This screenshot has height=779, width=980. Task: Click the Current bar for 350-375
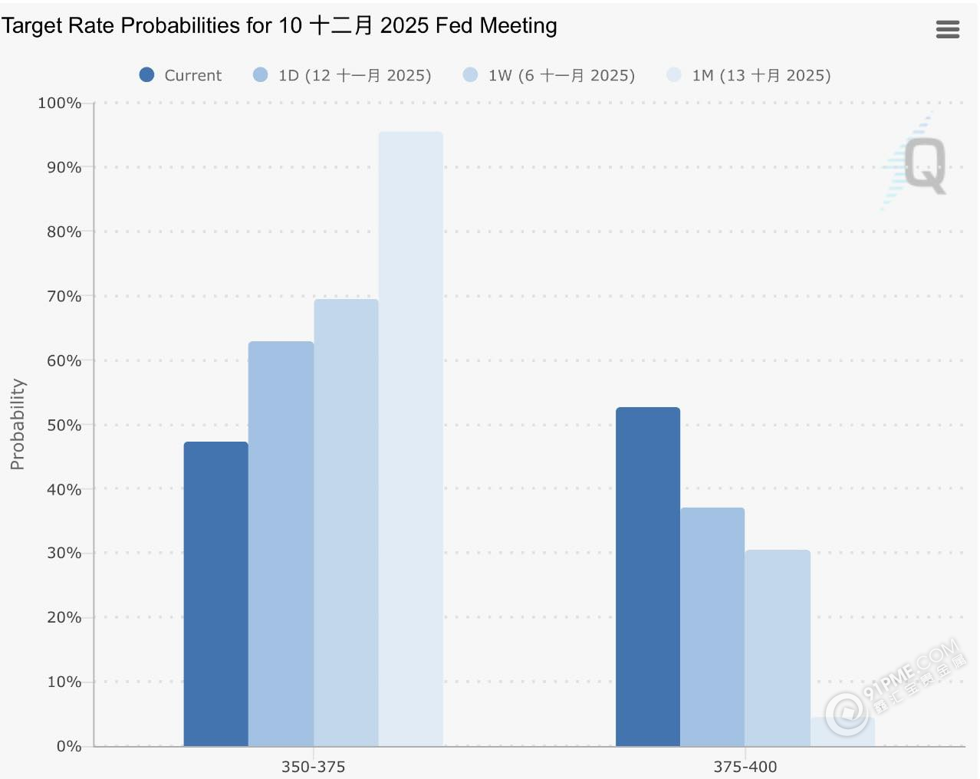[x=215, y=593]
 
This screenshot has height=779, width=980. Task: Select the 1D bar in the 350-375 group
[x=281, y=544]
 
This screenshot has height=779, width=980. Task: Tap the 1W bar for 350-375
[x=346, y=522]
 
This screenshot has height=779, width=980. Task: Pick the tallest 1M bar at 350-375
[x=410, y=439]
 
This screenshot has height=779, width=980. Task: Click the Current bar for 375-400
[x=647, y=577]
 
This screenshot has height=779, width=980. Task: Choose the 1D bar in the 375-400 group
[x=712, y=626]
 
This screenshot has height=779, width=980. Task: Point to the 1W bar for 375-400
[x=777, y=648]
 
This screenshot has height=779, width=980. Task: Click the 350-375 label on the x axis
[x=313, y=767]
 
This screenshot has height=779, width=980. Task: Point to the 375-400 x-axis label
[x=745, y=767]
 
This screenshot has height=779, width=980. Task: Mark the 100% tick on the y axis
[x=59, y=103]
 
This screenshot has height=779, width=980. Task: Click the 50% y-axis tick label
[x=64, y=425]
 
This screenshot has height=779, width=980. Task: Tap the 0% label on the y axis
[x=68, y=746]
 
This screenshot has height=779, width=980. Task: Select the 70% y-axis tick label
[x=64, y=296]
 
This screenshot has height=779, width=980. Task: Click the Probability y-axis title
[x=17, y=424]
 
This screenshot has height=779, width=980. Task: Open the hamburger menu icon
[x=948, y=29]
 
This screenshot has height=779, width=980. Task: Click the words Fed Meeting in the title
[x=496, y=25]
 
